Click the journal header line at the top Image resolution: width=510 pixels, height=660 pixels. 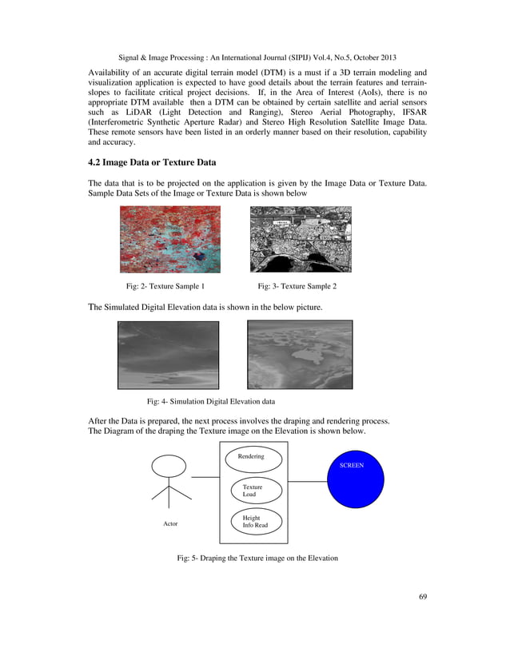[x=255, y=58]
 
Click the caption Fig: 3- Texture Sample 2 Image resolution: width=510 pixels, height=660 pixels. [x=297, y=285]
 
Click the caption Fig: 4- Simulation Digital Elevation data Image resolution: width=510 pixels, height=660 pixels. [x=216, y=401]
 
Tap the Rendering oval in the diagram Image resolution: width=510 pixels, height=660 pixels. [x=251, y=458]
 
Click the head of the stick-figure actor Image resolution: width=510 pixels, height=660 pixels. [x=169, y=466]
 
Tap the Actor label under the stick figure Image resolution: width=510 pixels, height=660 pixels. [x=170, y=523]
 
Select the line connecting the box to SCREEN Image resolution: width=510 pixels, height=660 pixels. [x=308, y=481]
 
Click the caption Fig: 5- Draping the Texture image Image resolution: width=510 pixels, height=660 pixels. [x=257, y=558]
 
